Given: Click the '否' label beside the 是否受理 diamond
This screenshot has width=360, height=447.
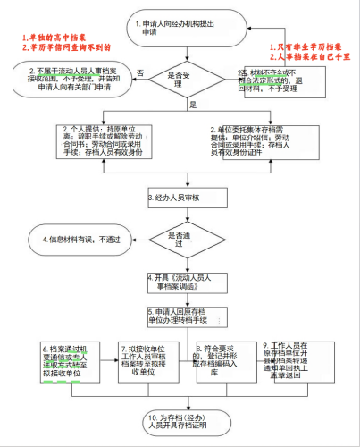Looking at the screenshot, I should pyautogui.click(x=139, y=72).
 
